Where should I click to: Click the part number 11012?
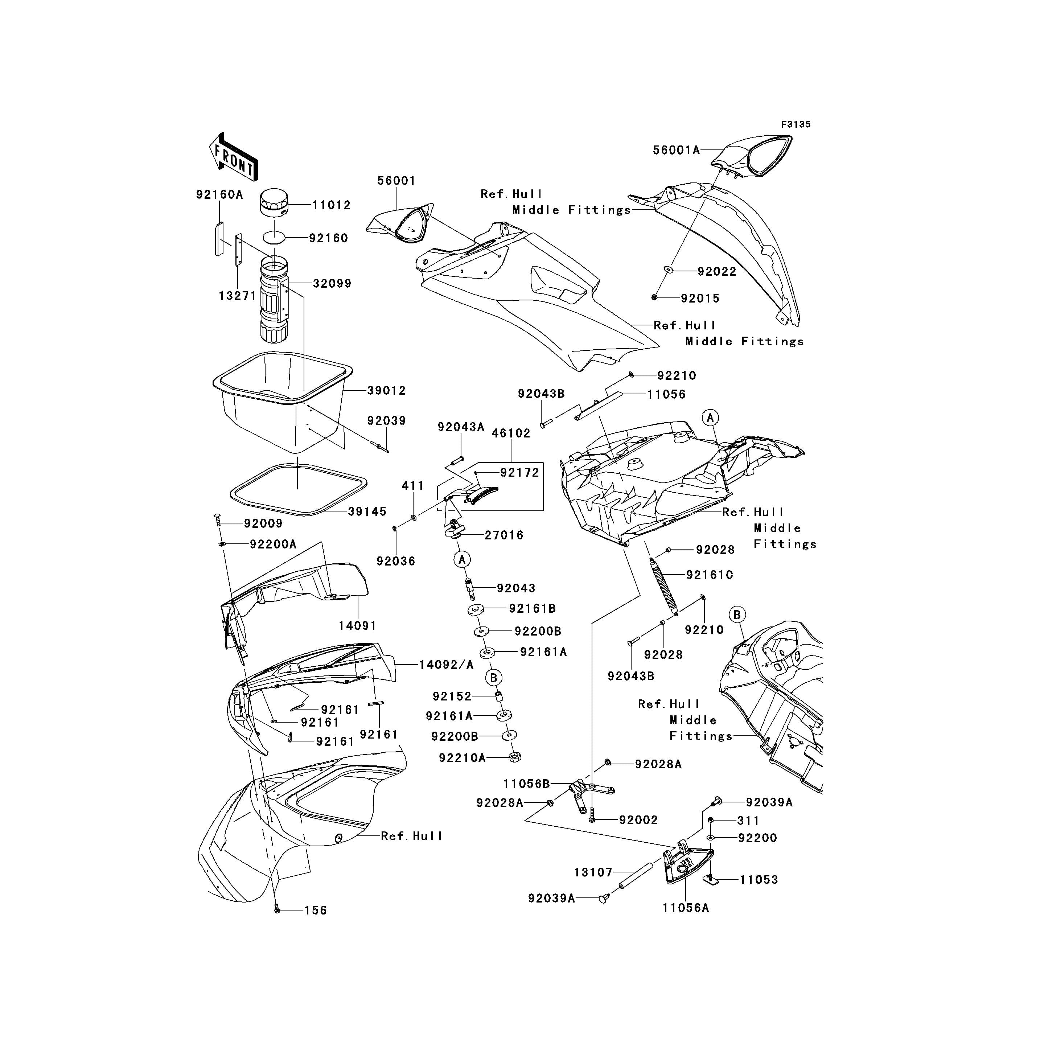331,205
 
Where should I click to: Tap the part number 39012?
386,390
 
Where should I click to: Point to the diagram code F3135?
796,124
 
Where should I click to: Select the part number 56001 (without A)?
396,181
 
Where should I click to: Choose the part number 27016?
504,535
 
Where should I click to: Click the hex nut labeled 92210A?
514,757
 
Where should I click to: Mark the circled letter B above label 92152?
494,677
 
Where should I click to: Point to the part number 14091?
357,625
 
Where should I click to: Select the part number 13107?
593,872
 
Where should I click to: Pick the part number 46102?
510,433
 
